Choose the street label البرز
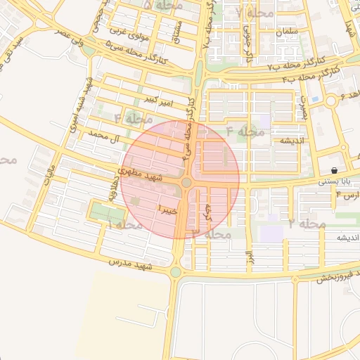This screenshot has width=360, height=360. click(x=248, y=258)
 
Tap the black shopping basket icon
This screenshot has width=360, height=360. click(x=333, y=171)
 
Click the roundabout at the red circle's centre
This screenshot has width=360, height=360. click(x=186, y=184)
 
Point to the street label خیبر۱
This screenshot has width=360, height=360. click(x=169, y=209)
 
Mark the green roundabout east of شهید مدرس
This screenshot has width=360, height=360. click(x=175, y=272)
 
